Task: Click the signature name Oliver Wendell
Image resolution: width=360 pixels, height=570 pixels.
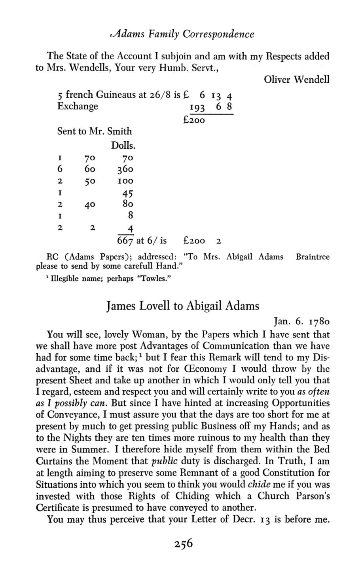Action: pos(296,80)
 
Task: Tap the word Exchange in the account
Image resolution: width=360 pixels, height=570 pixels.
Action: pos(78,106)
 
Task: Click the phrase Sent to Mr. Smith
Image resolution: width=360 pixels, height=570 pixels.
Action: pos(95,131)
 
